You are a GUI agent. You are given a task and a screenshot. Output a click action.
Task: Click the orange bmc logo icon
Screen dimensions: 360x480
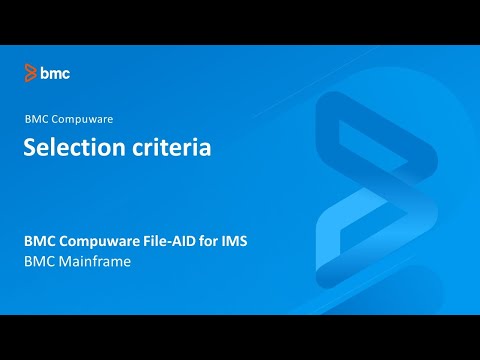pos(31,72)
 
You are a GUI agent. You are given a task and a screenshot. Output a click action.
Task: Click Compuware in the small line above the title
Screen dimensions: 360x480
pos(83,119)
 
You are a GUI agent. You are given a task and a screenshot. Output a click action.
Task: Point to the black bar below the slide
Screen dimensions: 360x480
pos(240,337)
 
